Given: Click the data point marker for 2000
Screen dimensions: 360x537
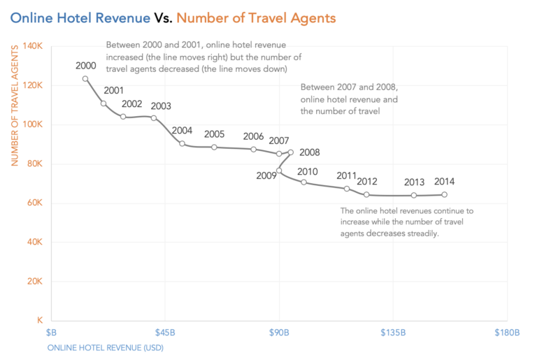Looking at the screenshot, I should tap(85, 79).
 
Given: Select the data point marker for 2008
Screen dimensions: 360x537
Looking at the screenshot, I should tap(291, 152).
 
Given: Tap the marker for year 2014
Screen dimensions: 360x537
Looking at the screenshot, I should tap(444, 195).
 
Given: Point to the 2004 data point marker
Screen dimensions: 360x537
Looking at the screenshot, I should tap(182, 144).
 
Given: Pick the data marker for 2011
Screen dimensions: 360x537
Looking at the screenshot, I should tap(347, 189).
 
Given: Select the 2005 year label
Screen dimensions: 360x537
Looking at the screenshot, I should tap(215, 134).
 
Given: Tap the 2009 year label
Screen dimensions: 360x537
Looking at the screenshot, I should tap(266, 175).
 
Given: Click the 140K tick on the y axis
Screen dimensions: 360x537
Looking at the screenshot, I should tap(34, 46).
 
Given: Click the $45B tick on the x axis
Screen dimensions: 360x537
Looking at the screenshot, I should tap(165, 333).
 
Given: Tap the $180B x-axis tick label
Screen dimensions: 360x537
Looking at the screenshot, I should tap(506, 333).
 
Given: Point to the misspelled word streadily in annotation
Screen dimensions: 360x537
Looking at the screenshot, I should tap(419, 234).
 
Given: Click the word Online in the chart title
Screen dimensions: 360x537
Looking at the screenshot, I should tap(33, 17).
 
